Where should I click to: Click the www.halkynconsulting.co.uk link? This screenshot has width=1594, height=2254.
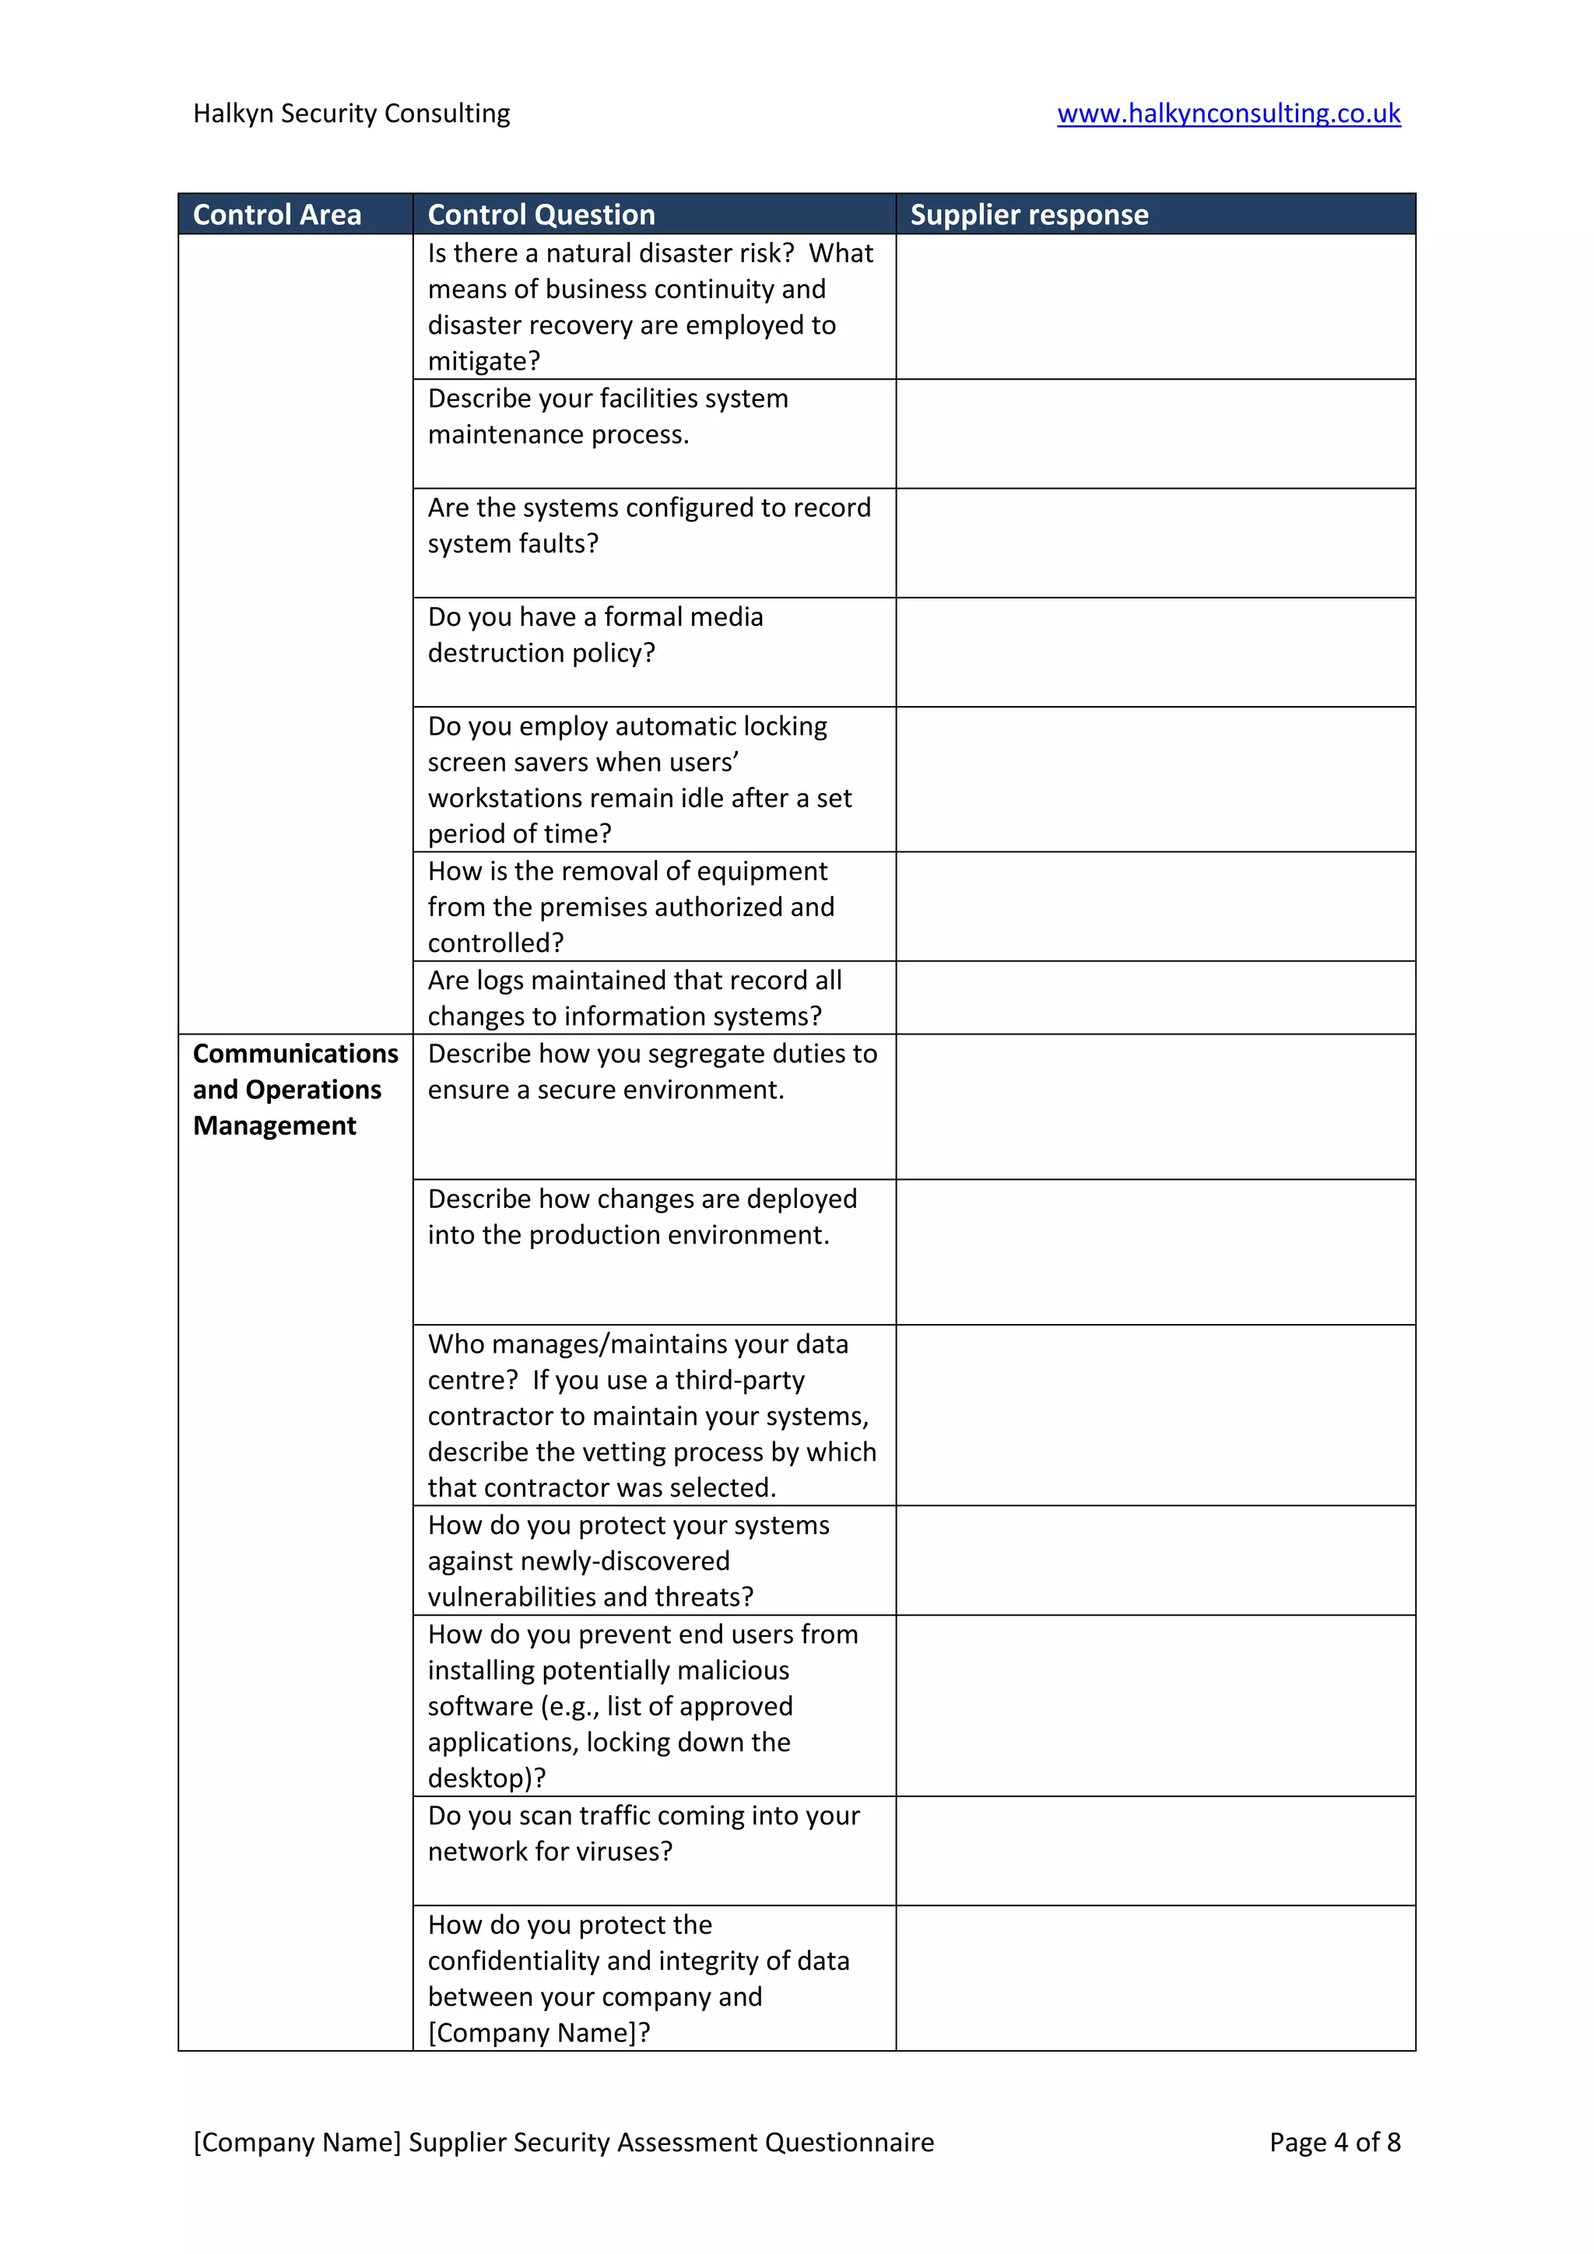(1228, 114)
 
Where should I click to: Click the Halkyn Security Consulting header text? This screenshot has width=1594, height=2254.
(351, 114)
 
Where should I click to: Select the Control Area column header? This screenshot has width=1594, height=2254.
(277, 215)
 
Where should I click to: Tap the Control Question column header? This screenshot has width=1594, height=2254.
(541, 215)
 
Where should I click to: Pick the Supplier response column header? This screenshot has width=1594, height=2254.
(1029, 215)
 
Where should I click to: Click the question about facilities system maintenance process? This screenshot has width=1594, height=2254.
(608, 416)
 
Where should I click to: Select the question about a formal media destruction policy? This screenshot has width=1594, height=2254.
(595, 634)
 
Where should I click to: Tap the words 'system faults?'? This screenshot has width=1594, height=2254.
(512, 544)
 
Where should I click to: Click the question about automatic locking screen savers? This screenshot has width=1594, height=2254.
(638, 779)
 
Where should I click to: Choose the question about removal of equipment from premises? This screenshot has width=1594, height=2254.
(630, 906)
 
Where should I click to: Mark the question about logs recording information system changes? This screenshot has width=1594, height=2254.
(634, 998)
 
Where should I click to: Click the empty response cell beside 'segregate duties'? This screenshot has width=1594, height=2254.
(1155, 1107)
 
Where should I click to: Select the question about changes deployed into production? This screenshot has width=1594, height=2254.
(642, 1217)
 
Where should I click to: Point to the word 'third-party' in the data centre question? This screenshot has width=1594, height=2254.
(739, 1380)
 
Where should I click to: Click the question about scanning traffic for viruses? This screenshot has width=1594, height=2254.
(643, 1833)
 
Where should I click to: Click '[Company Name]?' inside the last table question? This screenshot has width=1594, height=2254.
(539, 2032)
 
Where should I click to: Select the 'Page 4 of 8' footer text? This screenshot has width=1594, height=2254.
(1334, 2142)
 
